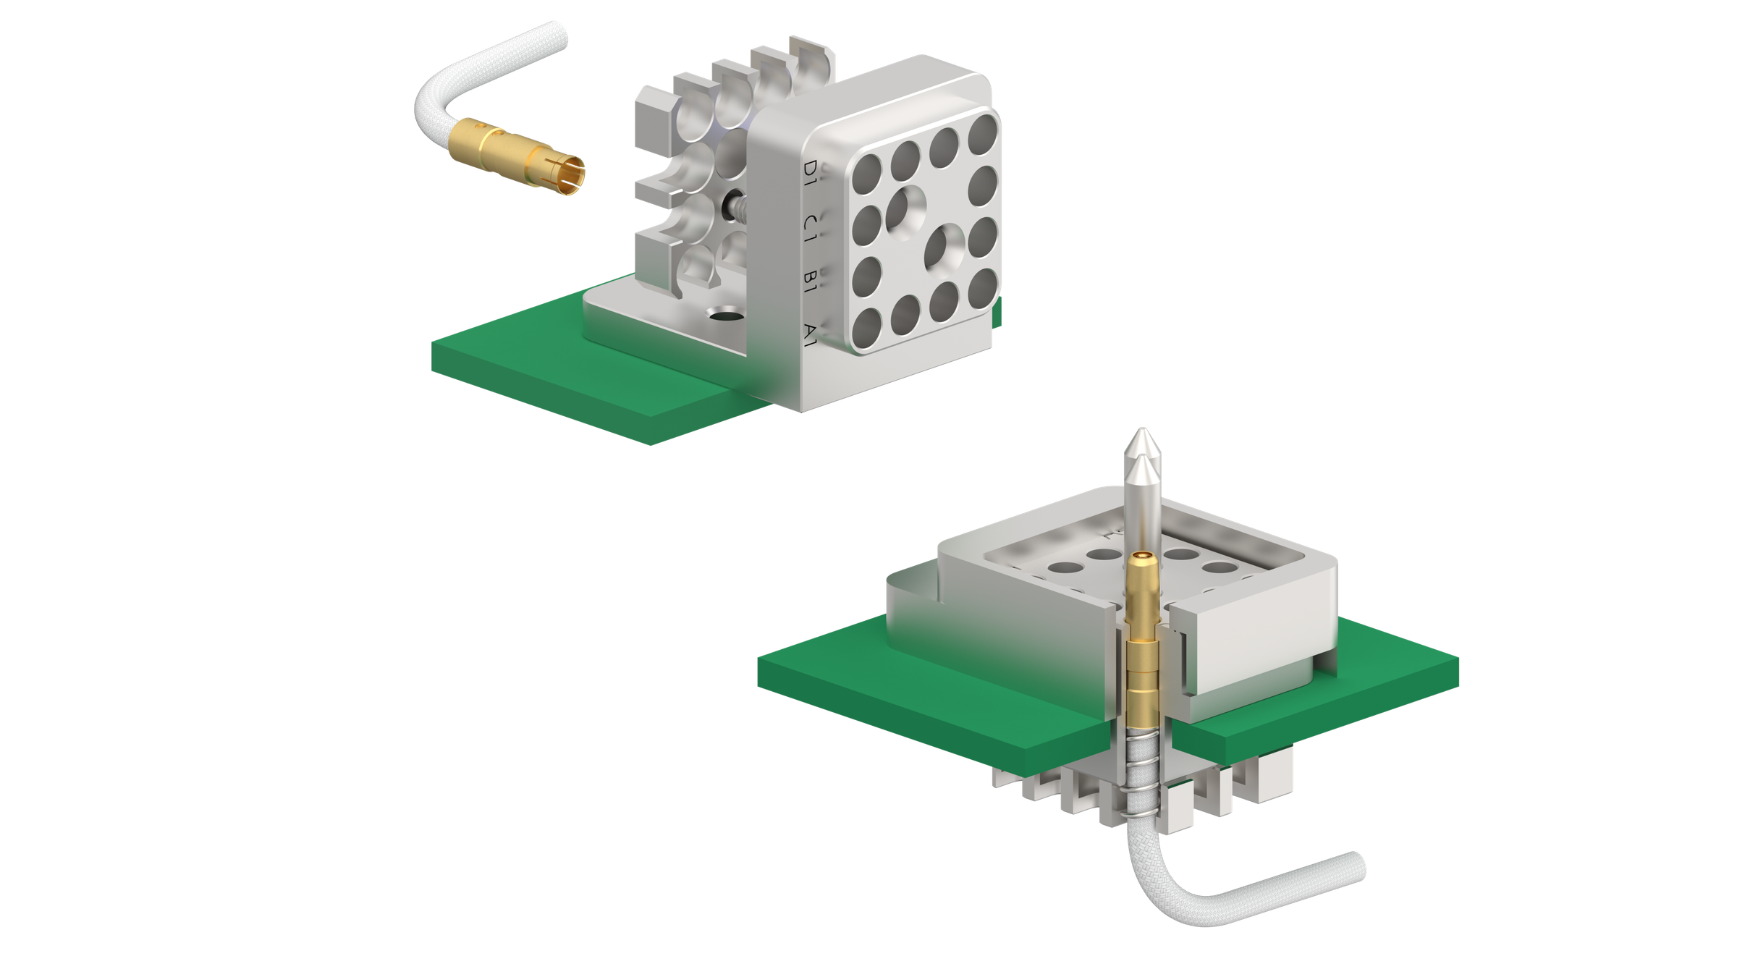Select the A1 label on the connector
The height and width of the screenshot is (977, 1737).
[811, 332]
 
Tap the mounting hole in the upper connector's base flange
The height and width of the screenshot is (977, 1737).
[724, 316]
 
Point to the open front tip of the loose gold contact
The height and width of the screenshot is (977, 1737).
[575, 174]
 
